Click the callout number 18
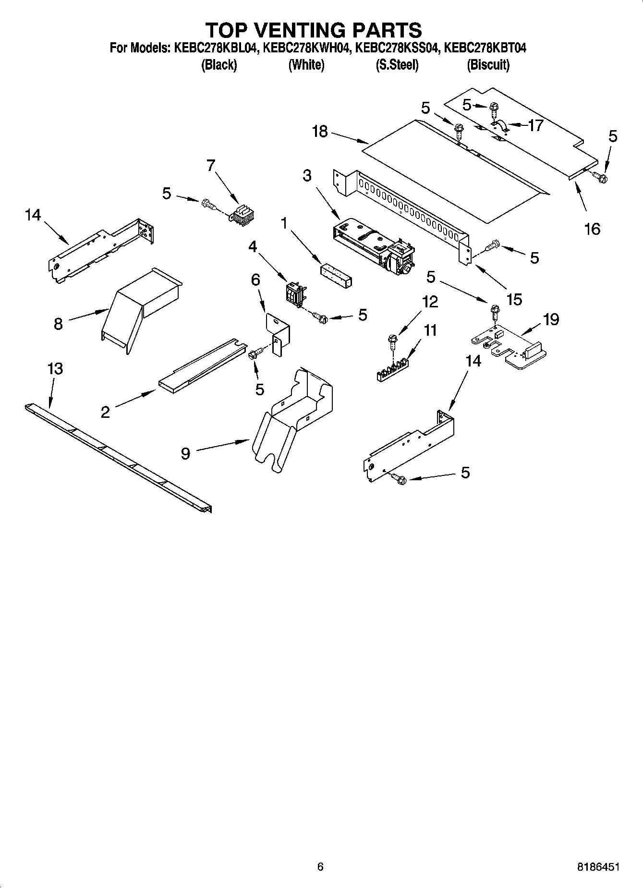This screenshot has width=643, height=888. coord(319,131)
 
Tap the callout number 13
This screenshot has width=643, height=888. coord(55,369)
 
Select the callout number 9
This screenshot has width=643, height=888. coord(185,453)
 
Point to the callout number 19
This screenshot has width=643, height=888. coord(551,319)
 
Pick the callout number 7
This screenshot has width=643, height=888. coord(210,165)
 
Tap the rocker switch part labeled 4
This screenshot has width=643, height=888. coord(295,293)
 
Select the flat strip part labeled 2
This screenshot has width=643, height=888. coord(202,365)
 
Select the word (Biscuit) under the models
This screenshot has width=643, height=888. coord(488,65)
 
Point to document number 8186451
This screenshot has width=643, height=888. coord(597,867)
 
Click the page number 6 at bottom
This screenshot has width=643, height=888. coord(320,867)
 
